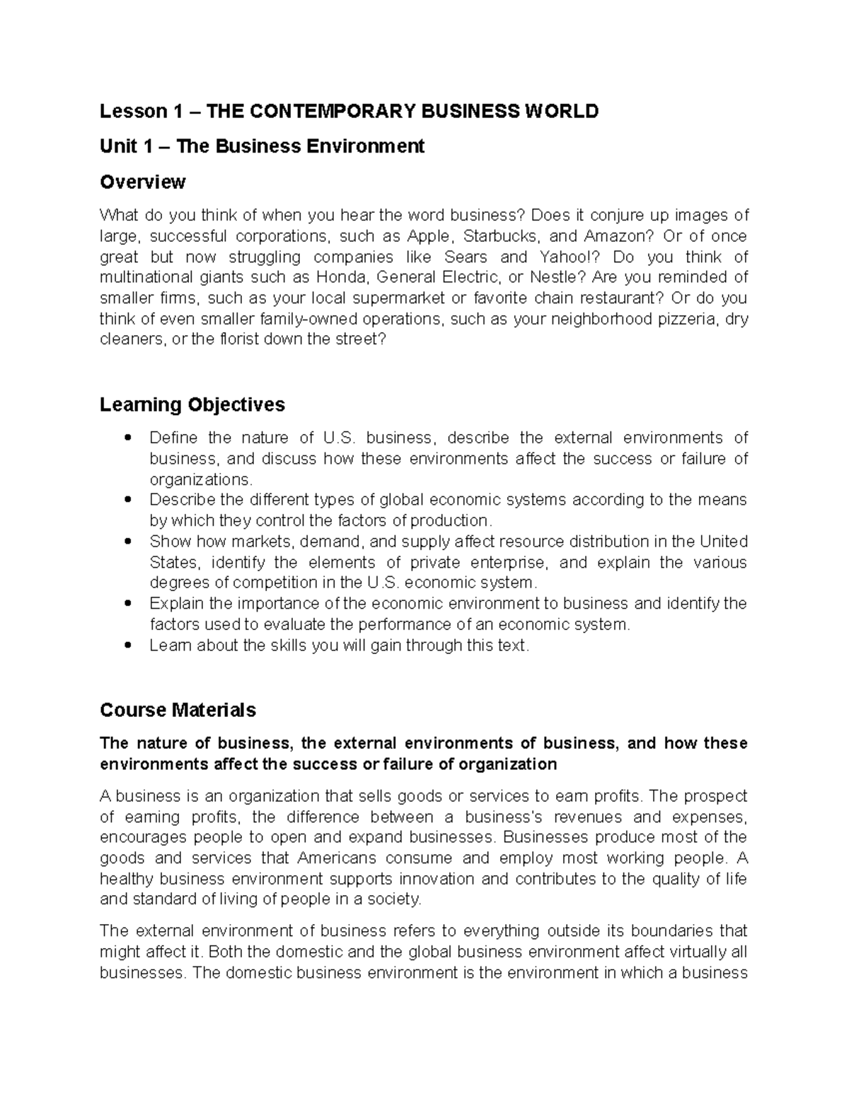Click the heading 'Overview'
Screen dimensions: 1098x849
[142, 182]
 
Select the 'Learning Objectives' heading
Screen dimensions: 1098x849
[192, 404]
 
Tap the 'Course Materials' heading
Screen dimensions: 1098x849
[178, 710]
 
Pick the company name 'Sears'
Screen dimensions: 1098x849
[466, 257]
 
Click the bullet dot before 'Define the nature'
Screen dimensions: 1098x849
[127, 438]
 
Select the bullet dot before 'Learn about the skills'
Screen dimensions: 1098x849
[127, 646]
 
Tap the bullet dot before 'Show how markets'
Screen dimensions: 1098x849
[127, 542]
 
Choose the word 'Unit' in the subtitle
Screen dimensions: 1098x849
[116, 146]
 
